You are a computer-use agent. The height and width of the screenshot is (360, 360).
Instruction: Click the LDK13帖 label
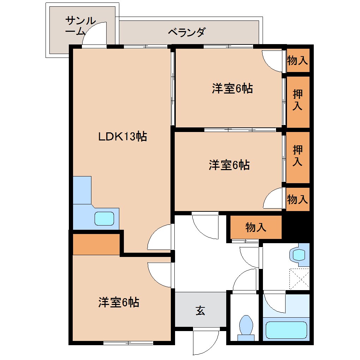point(122,137)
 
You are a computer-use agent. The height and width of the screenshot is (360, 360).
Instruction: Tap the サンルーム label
point(80,26)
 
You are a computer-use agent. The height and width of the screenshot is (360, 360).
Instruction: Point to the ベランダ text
point(186,32)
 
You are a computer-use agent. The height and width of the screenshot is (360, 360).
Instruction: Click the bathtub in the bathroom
point(286,330)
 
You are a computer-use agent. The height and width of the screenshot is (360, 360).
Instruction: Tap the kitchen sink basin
point(104,218)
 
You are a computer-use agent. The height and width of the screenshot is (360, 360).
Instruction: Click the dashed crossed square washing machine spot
point(299,278)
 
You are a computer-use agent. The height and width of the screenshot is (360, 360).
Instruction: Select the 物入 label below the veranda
point(298,60)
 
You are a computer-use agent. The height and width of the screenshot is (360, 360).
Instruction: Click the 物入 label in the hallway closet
point(256,228)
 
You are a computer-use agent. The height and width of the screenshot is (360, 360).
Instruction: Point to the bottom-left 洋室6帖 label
point(119,302)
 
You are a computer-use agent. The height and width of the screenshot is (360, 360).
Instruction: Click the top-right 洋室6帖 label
point(232,88)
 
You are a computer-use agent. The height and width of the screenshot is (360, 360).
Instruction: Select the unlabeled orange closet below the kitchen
point(96,244)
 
